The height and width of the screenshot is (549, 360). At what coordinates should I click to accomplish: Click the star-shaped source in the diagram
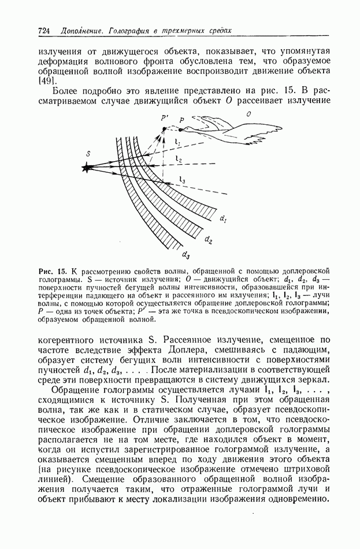point(87,168)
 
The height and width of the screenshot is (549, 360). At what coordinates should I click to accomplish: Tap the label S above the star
point(88,153)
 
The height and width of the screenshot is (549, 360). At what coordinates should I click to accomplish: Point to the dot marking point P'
point(164,129)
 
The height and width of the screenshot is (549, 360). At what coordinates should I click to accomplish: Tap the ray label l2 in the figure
point(179,159)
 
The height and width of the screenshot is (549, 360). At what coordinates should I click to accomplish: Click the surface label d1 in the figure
point(222,218)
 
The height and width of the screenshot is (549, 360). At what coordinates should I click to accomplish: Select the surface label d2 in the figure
point(209,238)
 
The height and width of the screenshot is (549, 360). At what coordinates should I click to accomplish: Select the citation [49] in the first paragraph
point(45,81)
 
